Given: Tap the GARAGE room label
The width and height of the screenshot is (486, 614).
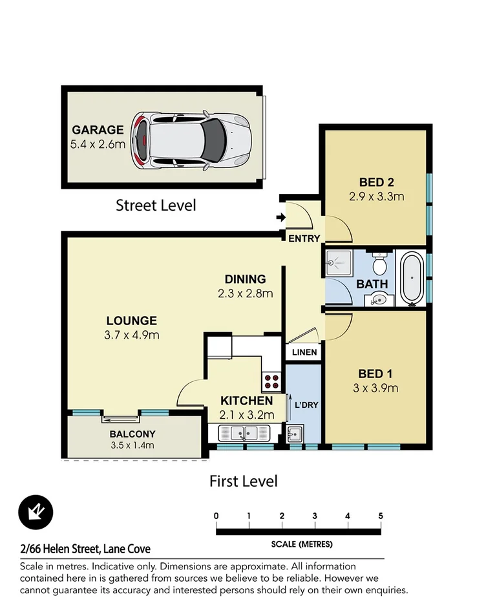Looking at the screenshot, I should [98, 129].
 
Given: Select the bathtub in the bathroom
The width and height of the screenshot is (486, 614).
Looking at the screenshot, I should [412, 279].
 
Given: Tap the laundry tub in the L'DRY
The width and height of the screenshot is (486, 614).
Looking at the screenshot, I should [295, 434].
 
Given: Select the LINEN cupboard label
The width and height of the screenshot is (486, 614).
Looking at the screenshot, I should [304, 352].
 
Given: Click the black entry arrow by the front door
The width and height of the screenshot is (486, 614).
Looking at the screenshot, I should [280, 218].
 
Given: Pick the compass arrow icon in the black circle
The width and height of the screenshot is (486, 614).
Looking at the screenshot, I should [36, 513].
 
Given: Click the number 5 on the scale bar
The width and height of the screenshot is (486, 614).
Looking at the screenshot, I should [381, 516].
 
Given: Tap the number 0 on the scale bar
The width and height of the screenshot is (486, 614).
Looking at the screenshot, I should [216, 516].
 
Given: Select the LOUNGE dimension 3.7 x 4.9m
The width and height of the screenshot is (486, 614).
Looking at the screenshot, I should [132, 335].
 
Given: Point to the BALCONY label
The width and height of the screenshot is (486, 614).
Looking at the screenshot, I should [132, 434].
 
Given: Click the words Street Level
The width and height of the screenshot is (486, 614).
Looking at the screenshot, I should [156, 206].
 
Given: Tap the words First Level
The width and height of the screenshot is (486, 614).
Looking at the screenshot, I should [243, 481].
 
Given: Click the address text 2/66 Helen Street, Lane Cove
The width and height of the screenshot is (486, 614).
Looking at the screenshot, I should [85, 549].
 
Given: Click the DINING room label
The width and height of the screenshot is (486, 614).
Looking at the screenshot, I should [245, 279].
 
